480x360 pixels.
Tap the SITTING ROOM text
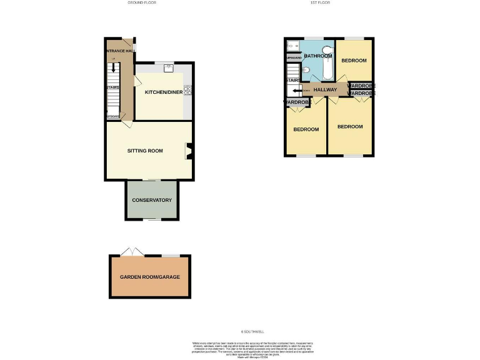coord(145,151)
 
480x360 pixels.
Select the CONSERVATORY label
coord(151,201)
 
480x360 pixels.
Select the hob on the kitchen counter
coord(187,91)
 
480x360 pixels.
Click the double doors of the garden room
coord(132,252)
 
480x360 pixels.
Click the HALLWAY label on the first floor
coord(325,90)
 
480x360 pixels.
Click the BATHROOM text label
coord(317,56)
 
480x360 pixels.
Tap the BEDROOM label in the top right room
coord(354,61)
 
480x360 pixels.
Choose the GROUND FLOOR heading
coord(142,3)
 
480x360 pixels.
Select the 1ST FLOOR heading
coord(320,3)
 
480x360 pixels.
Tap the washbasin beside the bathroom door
coord(306,70)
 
